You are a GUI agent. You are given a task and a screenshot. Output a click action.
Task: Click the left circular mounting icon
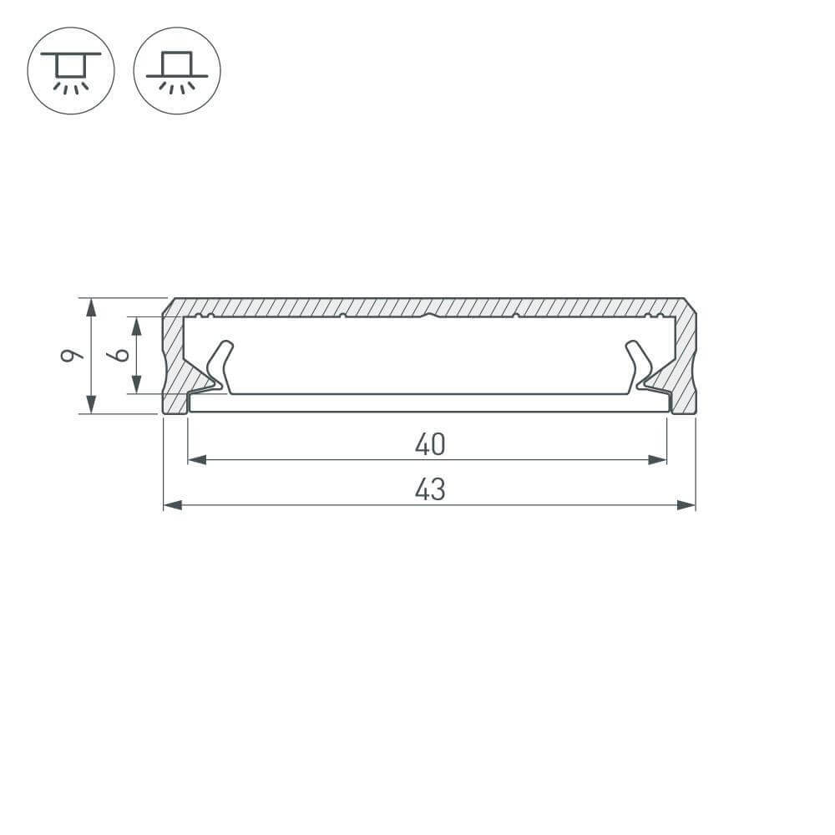pos(71,70)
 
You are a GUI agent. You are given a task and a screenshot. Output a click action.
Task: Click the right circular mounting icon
pos(177,70)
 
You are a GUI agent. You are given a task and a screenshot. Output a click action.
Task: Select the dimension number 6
pos(121,355)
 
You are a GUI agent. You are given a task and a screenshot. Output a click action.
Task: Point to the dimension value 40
pos(430,445)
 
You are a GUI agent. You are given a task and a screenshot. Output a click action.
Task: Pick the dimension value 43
pos(430,490)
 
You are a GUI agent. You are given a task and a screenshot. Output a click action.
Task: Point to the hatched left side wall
pos(173,359)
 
